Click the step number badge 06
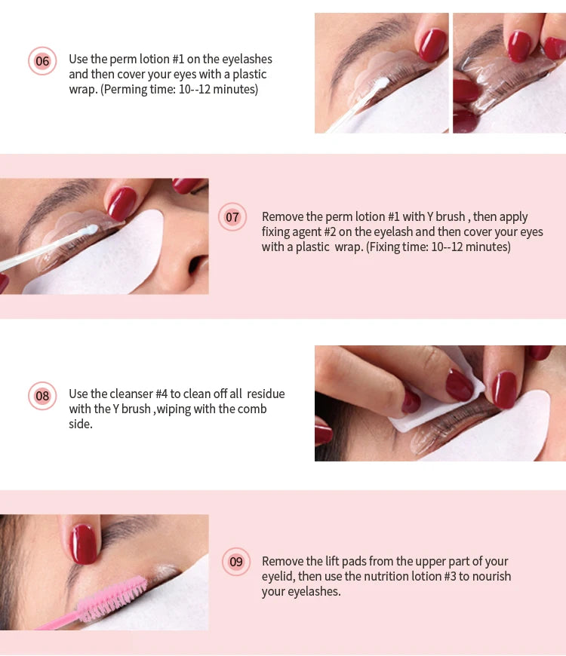[42, 61]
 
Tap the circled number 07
[232, 217]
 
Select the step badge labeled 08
[42, 396]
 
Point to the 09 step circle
[236, 562]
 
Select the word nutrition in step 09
[389, 577]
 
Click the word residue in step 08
[266, 394]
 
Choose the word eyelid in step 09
[277, 577]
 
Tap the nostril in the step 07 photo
[198, 265]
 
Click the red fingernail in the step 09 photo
[83, 544]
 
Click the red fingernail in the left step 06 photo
[432, 45]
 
